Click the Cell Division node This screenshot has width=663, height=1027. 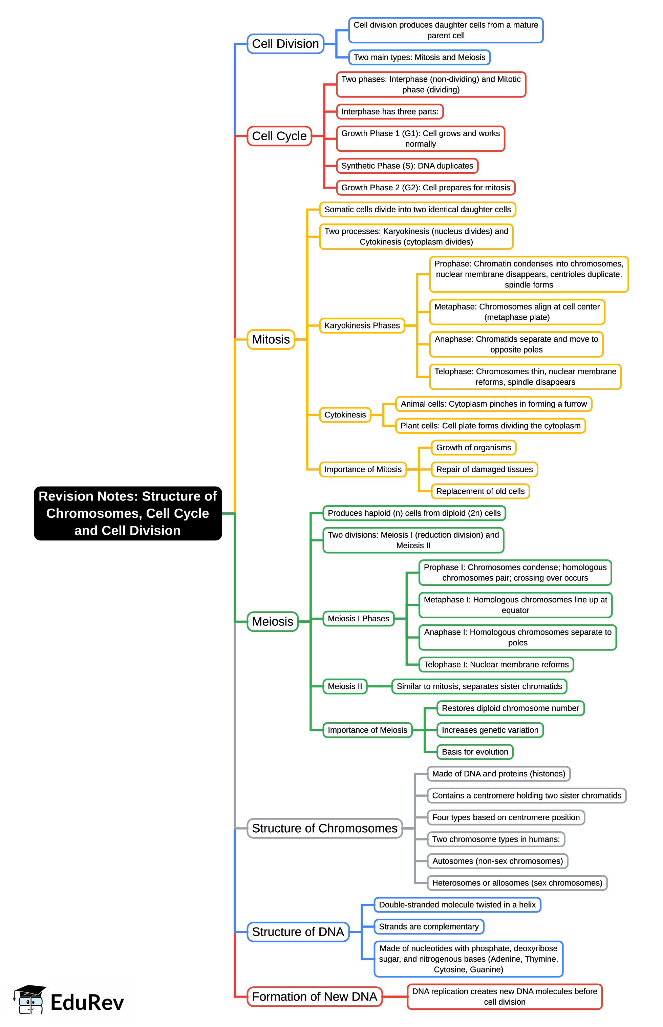(285, 44)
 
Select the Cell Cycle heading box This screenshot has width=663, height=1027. (279, 136)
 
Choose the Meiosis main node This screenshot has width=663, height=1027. (272, 622)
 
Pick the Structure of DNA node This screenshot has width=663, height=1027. (298, 932)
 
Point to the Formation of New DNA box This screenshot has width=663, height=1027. (314, 997)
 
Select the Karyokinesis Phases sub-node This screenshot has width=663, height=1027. (362, 325)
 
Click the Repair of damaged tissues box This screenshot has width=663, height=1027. (484, 469)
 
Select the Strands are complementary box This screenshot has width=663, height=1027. (428, 927)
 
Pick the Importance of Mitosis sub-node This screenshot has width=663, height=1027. (363, 469)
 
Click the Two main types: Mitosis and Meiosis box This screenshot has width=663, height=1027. (419, 57)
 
